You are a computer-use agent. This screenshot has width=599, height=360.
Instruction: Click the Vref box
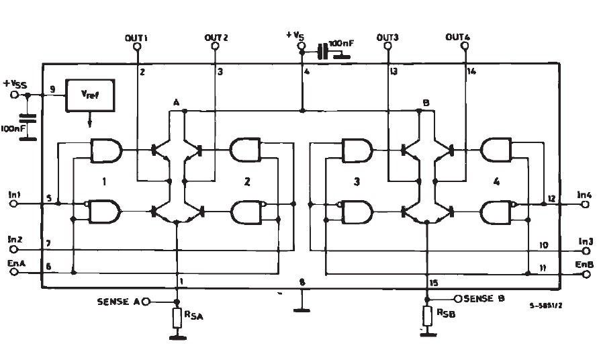89,95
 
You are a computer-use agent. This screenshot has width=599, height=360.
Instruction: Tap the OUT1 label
136,38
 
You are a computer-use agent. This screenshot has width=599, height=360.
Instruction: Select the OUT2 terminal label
216,38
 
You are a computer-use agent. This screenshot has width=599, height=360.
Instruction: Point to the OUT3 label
388,38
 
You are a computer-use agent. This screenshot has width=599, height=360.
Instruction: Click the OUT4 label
458,38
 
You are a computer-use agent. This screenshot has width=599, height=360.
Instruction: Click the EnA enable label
16,263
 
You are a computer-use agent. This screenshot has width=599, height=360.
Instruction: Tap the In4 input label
584,195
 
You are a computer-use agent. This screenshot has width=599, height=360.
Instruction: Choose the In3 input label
584,241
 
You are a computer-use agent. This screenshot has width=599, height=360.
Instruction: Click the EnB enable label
584,264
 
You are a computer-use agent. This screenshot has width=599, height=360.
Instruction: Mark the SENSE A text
119,302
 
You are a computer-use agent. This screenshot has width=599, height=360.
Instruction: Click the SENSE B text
484,298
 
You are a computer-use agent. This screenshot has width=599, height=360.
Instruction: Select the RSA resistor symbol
177,318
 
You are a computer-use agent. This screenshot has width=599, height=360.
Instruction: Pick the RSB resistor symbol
428,315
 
